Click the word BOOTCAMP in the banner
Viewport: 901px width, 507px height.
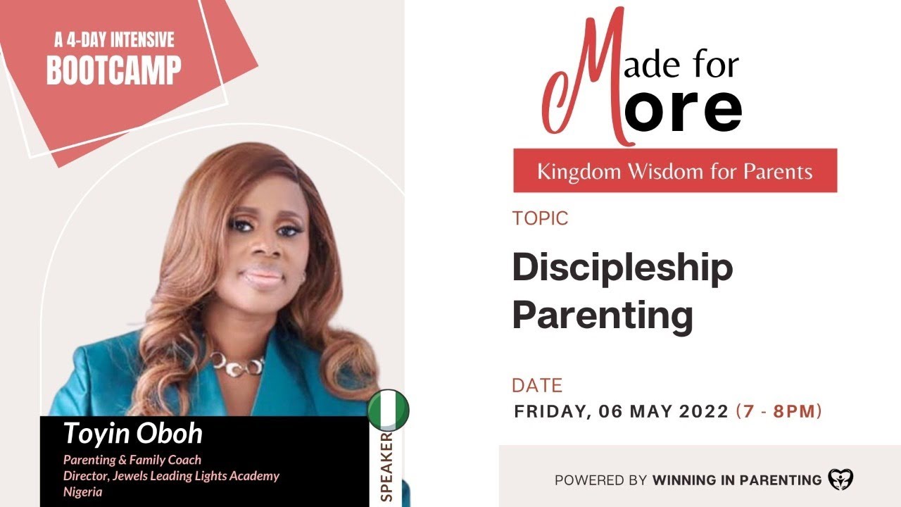pos(113,69)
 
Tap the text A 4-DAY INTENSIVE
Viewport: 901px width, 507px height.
pos(114,39)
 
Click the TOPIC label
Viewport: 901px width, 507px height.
pos(540,218)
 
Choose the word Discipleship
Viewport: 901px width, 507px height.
pos(622,268)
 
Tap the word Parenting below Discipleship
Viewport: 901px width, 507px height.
pos(603,315)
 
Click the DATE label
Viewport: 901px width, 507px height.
pos(537,386)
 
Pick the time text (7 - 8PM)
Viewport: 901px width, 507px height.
pos(779,411)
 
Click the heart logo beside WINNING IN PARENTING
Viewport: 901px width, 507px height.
pos(840,480)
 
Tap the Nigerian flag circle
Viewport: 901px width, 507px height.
pos(388,410)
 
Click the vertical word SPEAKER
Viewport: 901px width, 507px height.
pos(386,467)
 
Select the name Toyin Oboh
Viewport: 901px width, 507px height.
pos(133,434)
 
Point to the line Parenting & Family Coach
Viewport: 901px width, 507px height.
pos(132,460)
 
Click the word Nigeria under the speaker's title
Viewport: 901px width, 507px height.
pos(83,492)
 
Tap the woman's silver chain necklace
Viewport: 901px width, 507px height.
pos(237,363)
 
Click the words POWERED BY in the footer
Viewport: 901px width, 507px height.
pos(600,480)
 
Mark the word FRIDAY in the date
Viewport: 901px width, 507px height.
pos(547,411)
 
